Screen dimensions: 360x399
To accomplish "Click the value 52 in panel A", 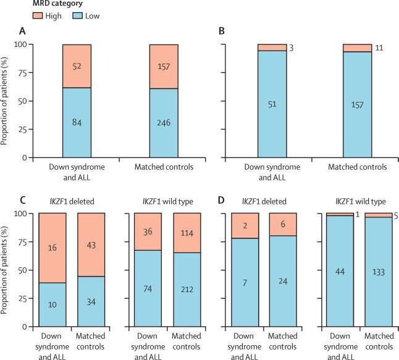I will click(x=85, y=65).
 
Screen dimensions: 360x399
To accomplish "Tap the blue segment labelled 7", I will click(x=245, y=282).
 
